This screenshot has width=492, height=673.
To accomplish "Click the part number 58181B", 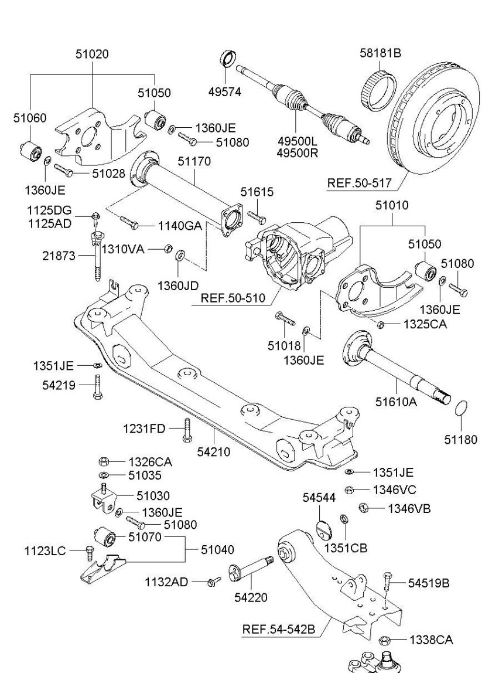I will tap(380, 53).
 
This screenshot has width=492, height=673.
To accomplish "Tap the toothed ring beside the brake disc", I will tap(378, 88).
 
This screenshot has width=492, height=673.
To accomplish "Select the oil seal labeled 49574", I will tap(228, 60).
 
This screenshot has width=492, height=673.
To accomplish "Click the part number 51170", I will tap(195, 160).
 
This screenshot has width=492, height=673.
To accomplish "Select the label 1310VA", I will tap(122, 249).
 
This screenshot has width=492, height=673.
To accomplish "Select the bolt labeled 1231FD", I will tap(187, 430).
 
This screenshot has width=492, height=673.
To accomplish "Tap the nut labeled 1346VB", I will tap(362, 508).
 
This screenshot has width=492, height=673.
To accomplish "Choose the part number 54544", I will tap(319, 497).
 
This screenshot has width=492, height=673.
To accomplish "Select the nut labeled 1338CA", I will tap(384, 640).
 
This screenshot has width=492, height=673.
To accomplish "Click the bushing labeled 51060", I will tap(29, 152).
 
